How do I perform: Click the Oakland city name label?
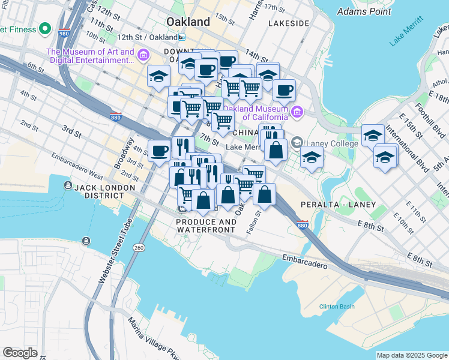point(188,22)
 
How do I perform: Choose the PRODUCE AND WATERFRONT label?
point(206,226)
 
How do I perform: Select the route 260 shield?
point(139,247)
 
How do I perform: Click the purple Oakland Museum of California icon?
point(297,112)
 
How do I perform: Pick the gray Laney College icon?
point(297,143)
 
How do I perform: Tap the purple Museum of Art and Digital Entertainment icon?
point(143,56)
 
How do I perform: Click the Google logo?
point(20,353)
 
